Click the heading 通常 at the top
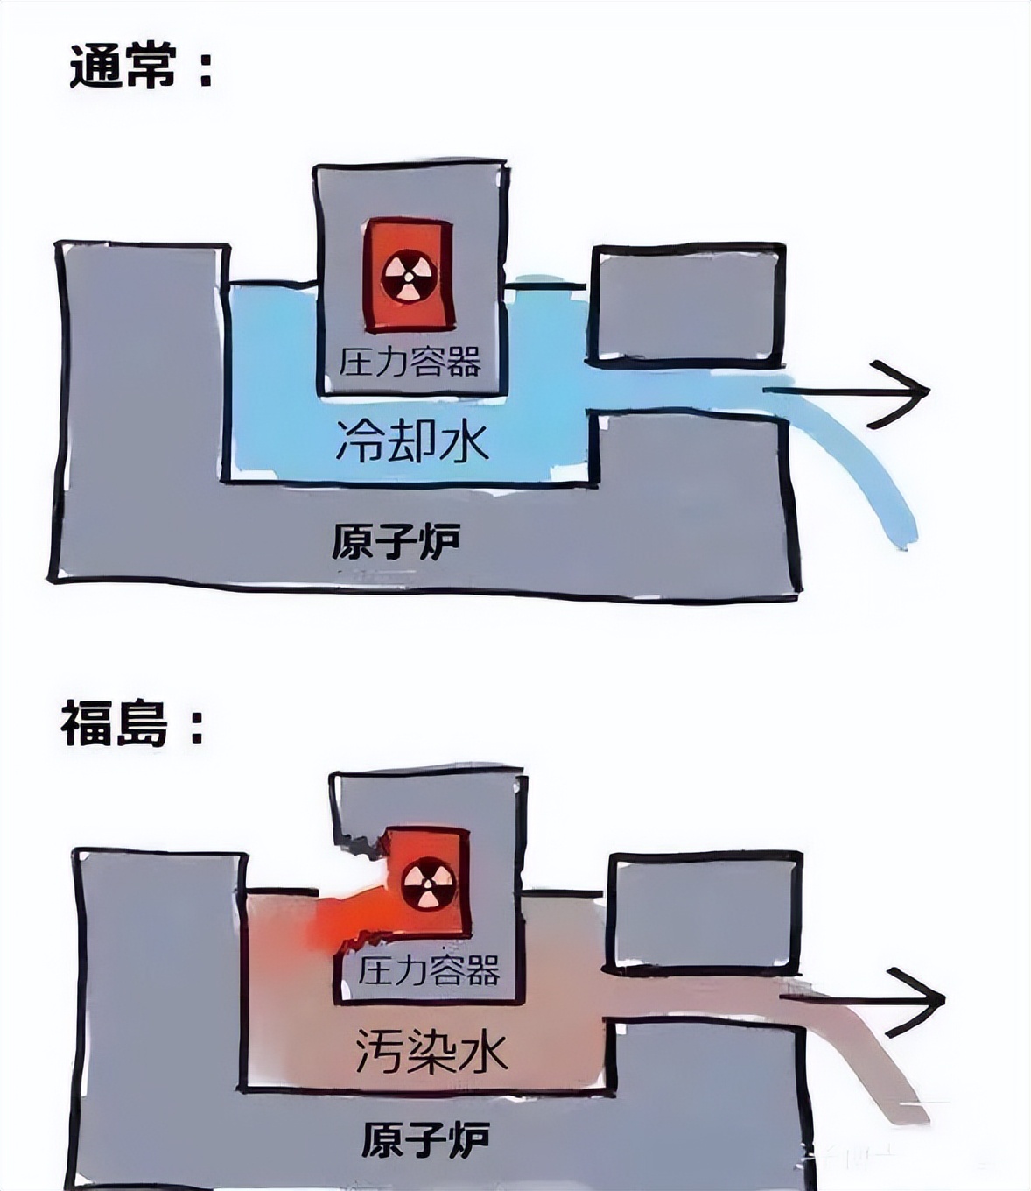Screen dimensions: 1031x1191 (123, 69)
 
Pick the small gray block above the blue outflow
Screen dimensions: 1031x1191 (688, 306)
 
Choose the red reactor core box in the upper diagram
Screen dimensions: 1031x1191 (408, 276)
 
